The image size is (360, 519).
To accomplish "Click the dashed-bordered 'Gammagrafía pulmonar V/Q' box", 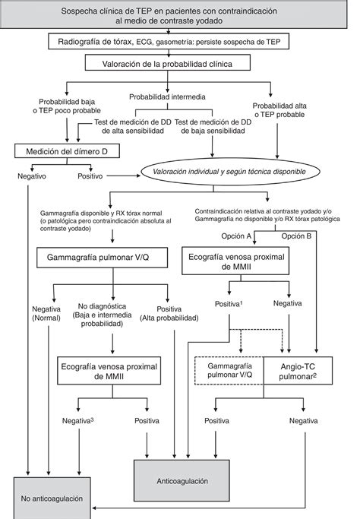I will (x=229, y=372).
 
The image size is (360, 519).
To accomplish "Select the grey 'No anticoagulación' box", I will (x=54, y=498).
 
